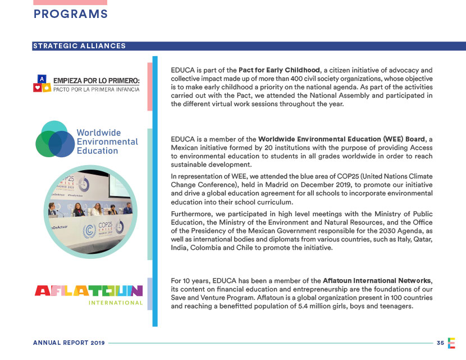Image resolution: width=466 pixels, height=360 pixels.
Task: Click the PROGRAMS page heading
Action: (x=70, y=14)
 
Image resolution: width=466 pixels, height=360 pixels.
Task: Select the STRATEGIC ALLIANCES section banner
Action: (x=79, y=46)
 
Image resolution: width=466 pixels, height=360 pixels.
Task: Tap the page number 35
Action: (x=440, y=342)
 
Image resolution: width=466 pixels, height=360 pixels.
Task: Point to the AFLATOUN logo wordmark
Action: (x=89, y=291)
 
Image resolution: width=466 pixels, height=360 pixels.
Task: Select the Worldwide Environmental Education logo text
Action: (x=107, y=142)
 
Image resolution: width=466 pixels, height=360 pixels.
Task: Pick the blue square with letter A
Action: (x=41, y=78)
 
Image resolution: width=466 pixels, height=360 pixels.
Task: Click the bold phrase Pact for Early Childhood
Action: (x=279, y=70)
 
